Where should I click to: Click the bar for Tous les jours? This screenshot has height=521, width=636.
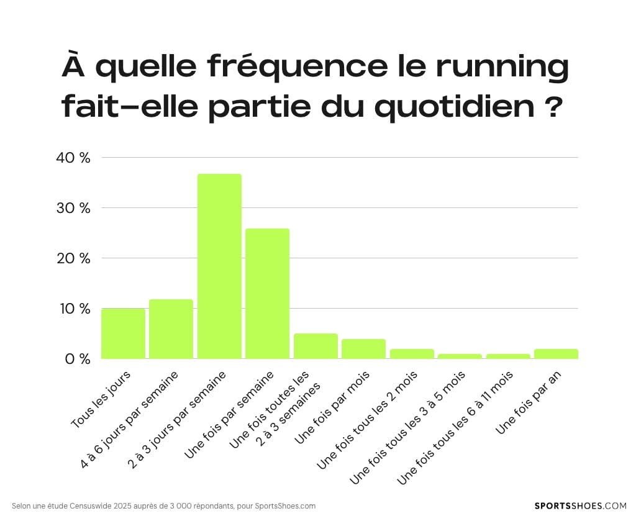(x=123, y=333)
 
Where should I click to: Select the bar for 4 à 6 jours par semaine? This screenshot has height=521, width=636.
(x=171, y=329)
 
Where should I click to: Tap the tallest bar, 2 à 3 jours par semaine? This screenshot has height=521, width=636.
(x=219, y=266)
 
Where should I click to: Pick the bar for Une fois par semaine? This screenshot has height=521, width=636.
(x=267, y=294)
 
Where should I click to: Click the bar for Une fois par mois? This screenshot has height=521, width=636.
(x=363, y=349)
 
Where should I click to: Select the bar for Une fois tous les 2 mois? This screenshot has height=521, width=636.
(x=412, y=354)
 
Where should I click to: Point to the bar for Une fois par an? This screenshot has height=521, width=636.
(x=556, y=354)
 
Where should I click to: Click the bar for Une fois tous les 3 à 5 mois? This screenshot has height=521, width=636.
(x=460, y=356)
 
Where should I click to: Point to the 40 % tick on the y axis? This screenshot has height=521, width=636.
(x=73, y=158)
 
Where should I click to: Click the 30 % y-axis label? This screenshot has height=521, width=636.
(x=73, y=208)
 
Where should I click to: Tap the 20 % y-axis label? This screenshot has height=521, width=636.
(x=73, y=258)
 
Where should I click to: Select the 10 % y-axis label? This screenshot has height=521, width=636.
(x=73, y=309)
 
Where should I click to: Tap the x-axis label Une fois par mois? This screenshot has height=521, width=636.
(x=332, y=407)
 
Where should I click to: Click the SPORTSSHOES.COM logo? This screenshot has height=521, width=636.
(x=580, y=506)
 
